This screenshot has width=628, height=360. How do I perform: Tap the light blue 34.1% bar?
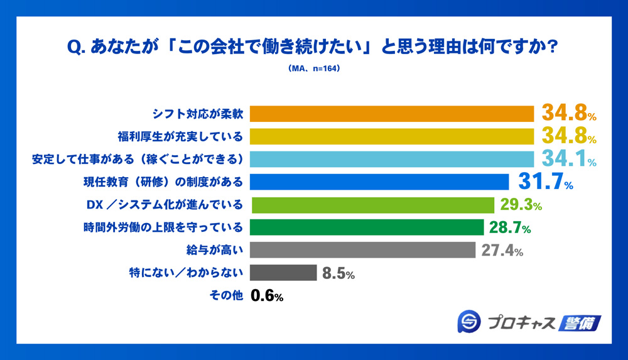[390, 159]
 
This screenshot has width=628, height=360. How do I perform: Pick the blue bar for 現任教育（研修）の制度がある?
[379, 182]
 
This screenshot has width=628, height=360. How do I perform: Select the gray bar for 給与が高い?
[362, 250]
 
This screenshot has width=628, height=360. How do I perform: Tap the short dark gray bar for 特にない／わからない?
[283, 273]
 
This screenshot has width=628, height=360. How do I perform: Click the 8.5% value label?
[338, 273]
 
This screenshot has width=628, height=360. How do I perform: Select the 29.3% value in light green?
[521, 205]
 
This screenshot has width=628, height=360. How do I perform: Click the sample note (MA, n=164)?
[314, 69]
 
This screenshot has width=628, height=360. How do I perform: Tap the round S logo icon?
[468, 322]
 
